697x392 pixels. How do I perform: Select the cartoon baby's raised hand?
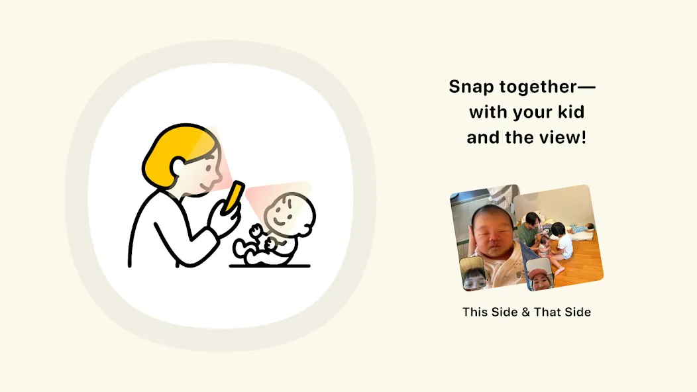pyautogui.click(x=256, y=231)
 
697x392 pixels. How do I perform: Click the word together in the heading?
pyautogui.click(x=538, y=86)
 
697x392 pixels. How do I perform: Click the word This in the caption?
pyautogui.click(x=475, y=312)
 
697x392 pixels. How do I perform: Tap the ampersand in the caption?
pyautogui.click(x=525, y=312)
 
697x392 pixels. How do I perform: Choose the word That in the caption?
pyautogui.click(x=547, y=312)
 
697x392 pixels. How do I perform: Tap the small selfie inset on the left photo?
pyautogui.click(x=472, y=273)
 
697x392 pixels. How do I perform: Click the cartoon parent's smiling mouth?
pyautogui.click(x=206, y=187)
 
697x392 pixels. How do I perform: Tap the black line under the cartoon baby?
pyautogui.click(x=270, y=266)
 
